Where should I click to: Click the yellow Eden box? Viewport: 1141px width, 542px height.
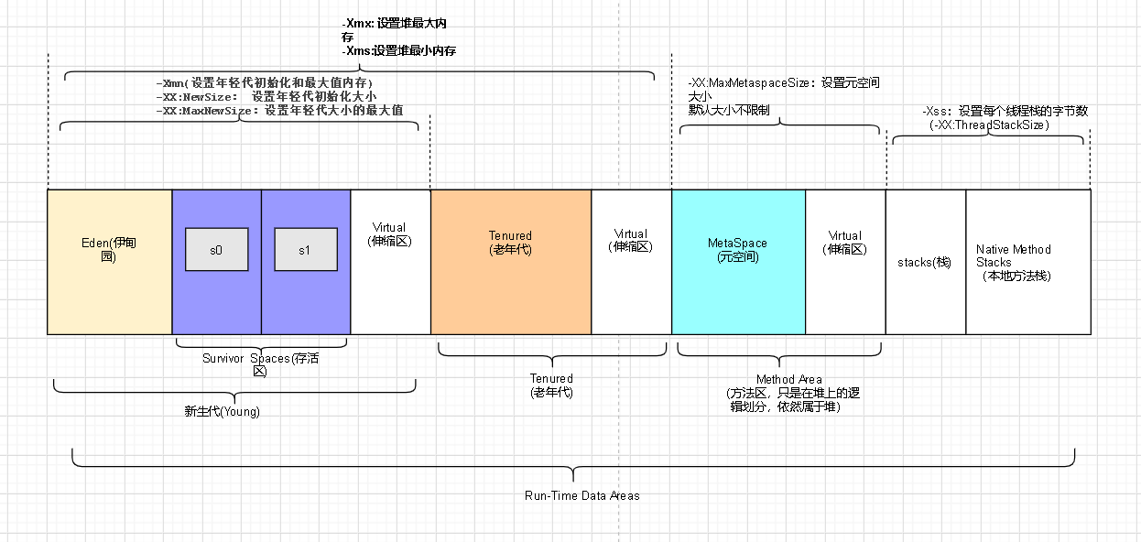point(109,261)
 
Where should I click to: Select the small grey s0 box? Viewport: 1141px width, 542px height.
point(216,250)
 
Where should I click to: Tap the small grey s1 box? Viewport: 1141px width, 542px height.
point(305,250)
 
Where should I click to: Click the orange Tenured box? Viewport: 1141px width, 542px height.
point(510,261)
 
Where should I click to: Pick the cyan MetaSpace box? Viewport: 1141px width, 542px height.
point(738,261)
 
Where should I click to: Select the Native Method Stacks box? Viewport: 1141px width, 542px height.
point(1027,262)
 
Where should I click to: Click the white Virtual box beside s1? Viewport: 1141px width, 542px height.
point(390,261)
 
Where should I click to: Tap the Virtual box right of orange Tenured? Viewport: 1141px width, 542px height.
point(631,261)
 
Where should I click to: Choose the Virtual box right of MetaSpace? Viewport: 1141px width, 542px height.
point(845,261)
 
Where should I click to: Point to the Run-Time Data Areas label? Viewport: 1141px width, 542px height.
point(582,495)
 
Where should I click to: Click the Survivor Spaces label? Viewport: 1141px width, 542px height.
point(261,365)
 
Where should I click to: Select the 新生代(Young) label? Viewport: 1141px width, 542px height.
point(223,412)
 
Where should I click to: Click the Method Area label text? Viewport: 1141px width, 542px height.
point(789,393)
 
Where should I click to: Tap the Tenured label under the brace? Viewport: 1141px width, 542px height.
point(551,385)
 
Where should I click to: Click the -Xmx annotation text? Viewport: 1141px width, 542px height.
point(399,29)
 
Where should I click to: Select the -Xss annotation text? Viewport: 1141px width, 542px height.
point(1005,111)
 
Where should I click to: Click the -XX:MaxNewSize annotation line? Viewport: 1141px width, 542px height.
point(279,110)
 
